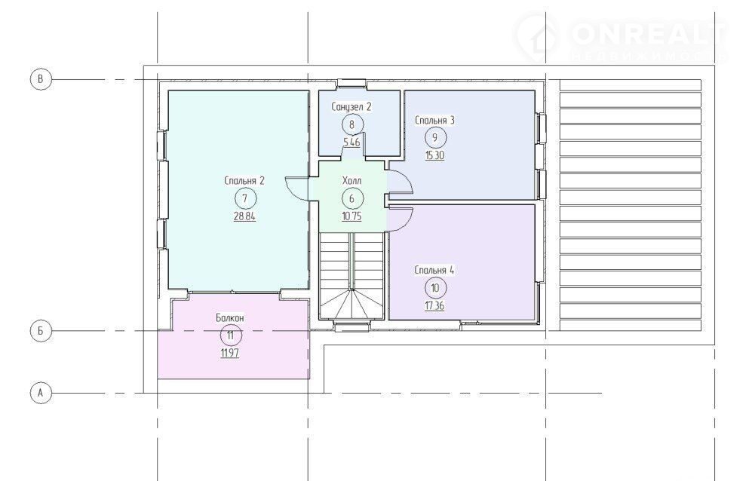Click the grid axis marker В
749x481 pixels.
click(x=40, y=79)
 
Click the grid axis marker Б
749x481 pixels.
click(x=40, y=330)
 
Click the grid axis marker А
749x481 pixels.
click(x=40, y=393)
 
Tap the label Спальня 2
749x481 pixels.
click(x=244, y=180)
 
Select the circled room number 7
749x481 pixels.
click(x=245, y=198)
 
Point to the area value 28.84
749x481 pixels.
click(x=244, y=216)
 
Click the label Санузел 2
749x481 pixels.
click(x=351, y=106)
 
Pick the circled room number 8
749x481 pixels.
click(x=352, y=124)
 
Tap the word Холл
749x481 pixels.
click(x=352, y=180)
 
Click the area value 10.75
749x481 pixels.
click(x=352, y=216)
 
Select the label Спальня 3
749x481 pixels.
click(x=434, y=120)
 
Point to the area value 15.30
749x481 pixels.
click(x=434, y=156)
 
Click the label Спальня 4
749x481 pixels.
click(x=434, y=270)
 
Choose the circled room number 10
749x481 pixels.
click(x=435, y=288)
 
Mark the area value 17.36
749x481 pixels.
click(x=434, y=305)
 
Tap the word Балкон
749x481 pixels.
click(x=230, y=317)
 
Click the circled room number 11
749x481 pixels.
click(x=231, y=335)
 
